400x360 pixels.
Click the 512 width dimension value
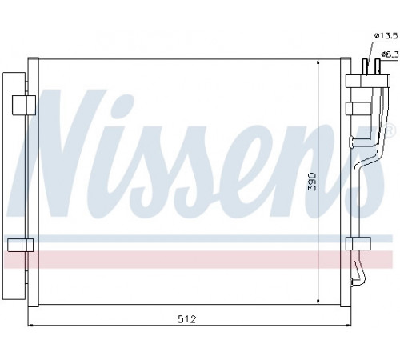click(x=187, y=319)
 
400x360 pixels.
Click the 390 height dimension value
click(x=312, y=182)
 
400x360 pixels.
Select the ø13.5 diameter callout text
click(x=386, y=35)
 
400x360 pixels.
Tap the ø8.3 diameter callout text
click(x=390, y=54)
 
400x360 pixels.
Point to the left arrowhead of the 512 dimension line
click(x=30, y=326)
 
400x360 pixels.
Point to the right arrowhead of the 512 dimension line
click(x=348, y=326)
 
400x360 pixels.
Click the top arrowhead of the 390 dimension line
click(x=318, y=62)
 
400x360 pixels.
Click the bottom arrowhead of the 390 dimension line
click(x=318, y=302)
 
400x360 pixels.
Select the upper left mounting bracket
click(x=24, y=105)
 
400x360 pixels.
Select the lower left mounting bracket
click(x=21, y=245)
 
